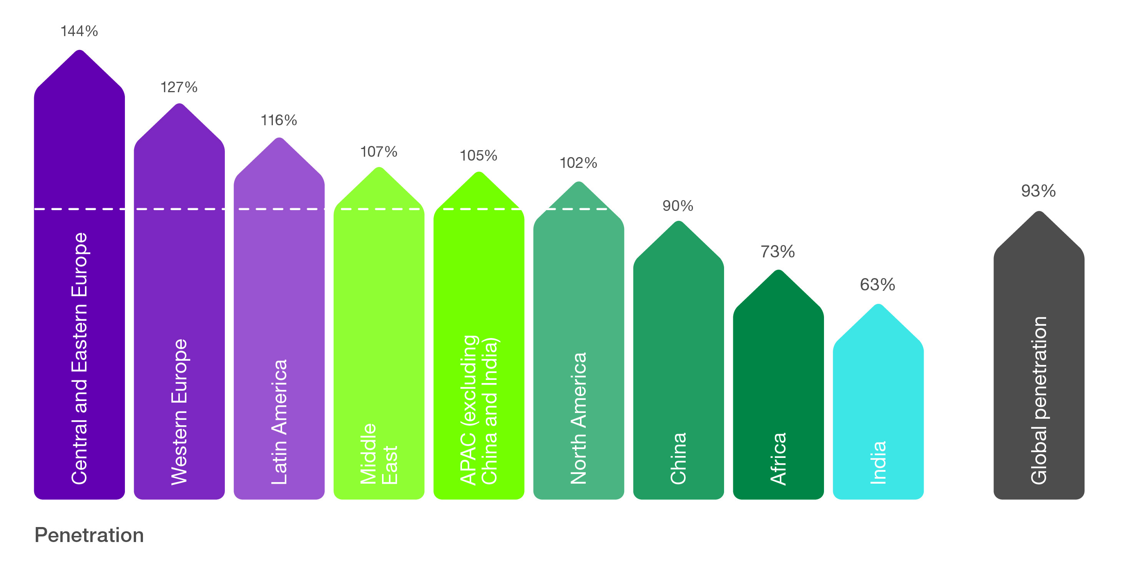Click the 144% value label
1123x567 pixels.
pos(79,31)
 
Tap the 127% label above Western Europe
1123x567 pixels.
pos(179,87)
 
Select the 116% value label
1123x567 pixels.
pos(279,120)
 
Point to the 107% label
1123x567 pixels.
pos(379,152)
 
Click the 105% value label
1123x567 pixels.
pos(478,156)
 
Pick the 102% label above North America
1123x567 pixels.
pos(578,163)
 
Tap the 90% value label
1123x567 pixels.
pos(678,206)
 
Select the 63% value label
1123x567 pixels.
pos(877,285)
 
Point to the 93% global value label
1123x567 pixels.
pos(1038,191)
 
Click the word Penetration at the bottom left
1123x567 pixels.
pos(89,535)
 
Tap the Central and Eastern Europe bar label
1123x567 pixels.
pos(79,358)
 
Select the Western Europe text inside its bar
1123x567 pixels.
pos(179,411)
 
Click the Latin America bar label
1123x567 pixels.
pos(279,421)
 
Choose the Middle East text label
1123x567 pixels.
pos(379,454)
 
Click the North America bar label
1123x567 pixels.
pos(578,418)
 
